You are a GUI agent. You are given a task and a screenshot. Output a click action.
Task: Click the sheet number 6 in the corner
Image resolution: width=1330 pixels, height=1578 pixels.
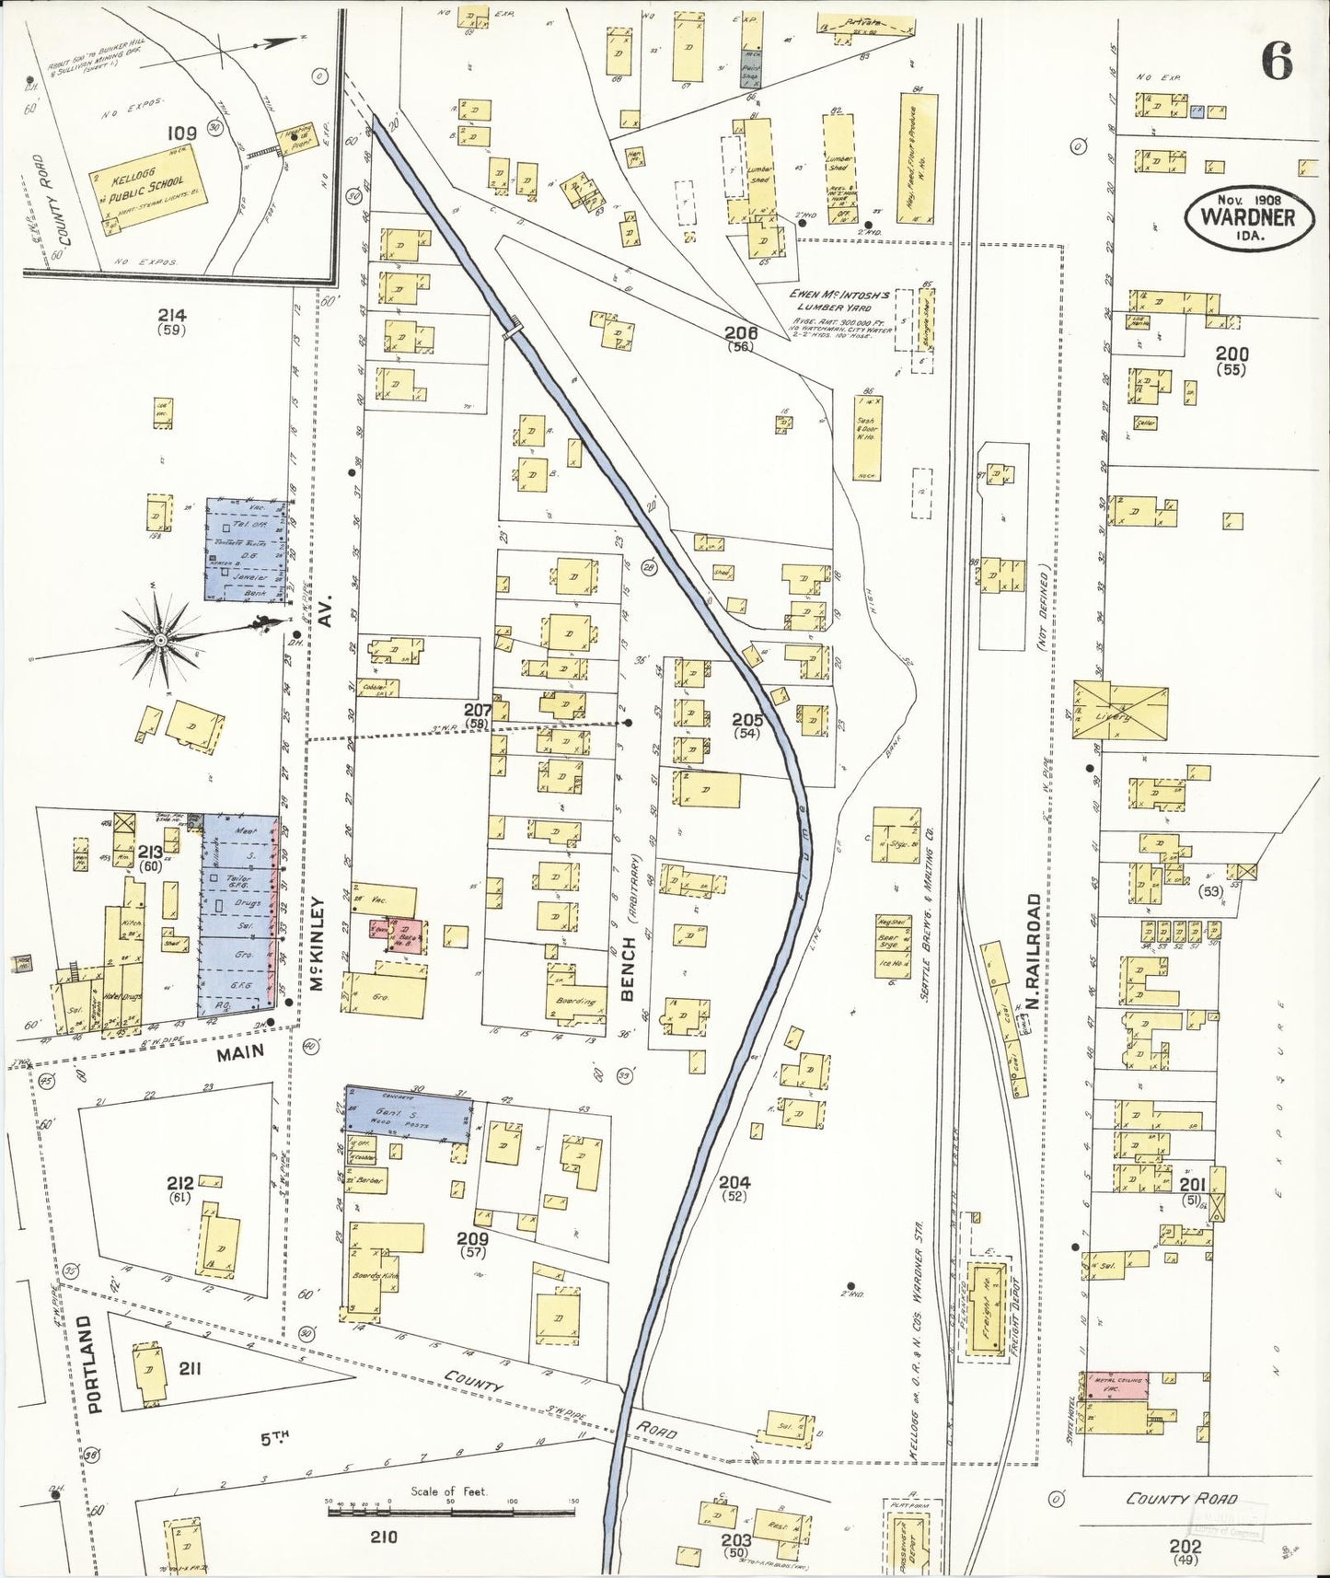1277,62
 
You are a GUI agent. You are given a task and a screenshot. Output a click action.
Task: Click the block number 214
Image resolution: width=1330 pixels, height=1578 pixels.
172,315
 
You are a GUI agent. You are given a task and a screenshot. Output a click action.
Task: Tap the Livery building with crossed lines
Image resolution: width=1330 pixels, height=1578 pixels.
1120,712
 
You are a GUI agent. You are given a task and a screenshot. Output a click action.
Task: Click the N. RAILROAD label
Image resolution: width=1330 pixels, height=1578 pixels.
1033,950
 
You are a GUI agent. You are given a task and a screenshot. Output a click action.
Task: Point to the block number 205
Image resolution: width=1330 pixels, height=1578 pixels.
746,719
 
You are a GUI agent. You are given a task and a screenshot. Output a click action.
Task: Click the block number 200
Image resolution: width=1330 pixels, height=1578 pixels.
1232,354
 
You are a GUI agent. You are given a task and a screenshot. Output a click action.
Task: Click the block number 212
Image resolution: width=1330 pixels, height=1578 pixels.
180,1182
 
